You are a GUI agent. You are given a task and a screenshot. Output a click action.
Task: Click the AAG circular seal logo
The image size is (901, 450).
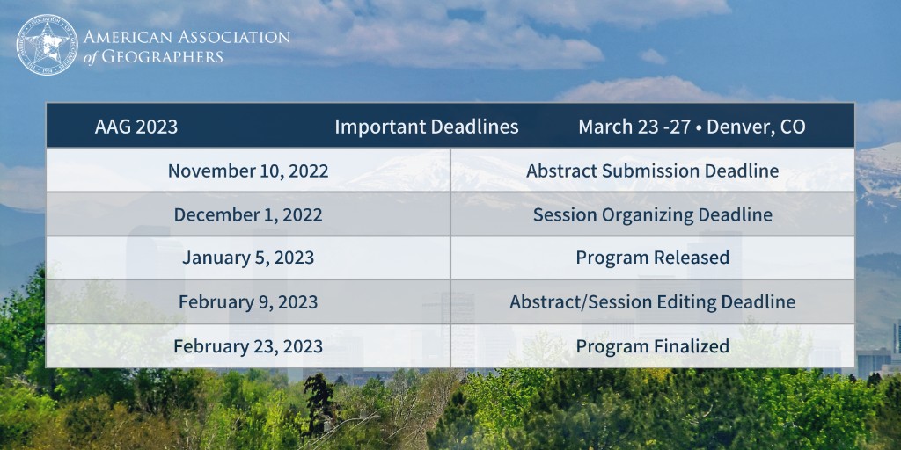click(47, 46)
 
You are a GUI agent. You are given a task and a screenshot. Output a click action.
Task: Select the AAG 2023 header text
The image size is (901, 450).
click(136, 127)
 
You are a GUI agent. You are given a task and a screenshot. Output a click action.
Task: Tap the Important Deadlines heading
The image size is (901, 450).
click(426, 127)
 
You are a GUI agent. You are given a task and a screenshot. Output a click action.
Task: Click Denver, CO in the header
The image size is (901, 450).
click(756, 127)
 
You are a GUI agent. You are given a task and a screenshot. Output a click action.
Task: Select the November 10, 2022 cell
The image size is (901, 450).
click(248, 171)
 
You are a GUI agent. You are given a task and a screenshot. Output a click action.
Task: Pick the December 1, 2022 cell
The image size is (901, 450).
click(248, 214)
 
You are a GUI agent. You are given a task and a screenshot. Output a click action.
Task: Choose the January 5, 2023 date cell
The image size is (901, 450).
click(248, 258)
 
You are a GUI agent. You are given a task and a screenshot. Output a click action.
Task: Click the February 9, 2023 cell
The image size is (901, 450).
click(248, 302)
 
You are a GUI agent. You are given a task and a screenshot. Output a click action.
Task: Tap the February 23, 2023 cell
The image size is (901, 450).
click(248, 346)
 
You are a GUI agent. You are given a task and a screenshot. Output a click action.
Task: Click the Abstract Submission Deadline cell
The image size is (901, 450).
click(652, 171)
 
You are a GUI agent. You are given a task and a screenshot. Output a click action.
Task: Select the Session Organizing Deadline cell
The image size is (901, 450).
click(652, 214)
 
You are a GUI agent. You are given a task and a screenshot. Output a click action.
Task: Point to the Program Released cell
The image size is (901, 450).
click(652, 258)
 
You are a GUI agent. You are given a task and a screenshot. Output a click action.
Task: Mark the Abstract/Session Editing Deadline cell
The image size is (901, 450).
click(652, 302)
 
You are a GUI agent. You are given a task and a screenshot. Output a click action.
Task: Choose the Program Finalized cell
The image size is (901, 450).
click(652, 346)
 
